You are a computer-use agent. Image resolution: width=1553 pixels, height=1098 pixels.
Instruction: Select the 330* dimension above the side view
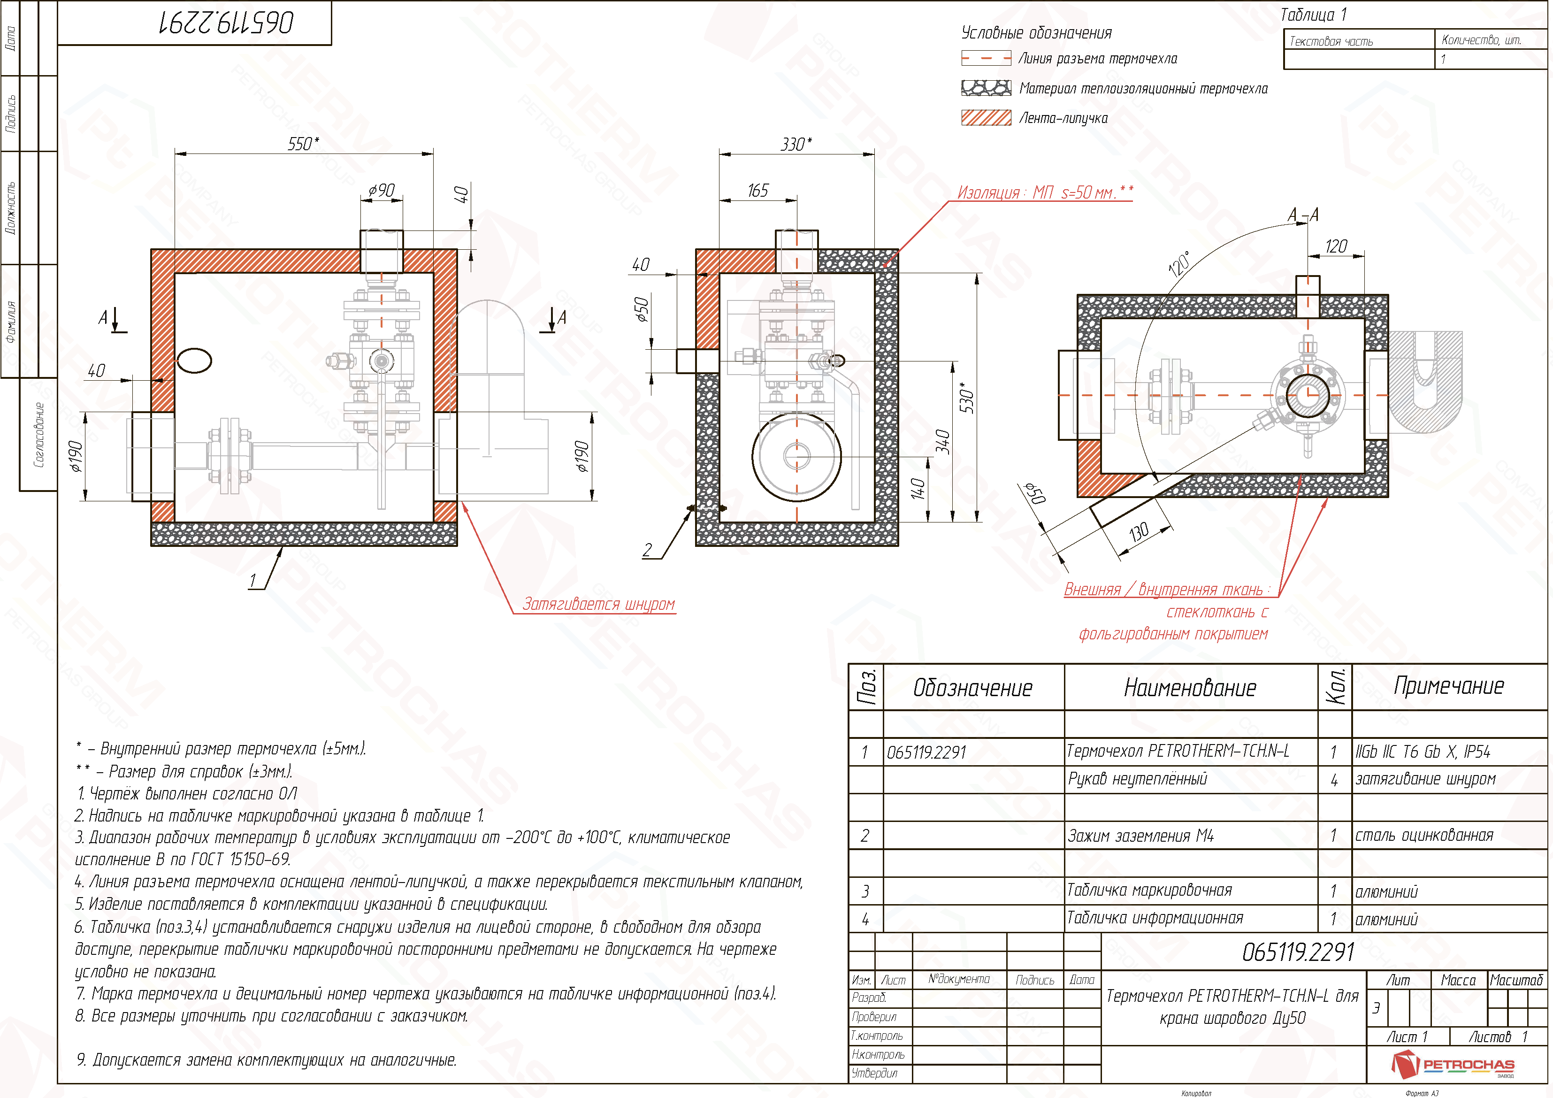click(x=796, y=144)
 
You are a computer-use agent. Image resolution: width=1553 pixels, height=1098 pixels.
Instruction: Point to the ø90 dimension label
click(x=382, y=190)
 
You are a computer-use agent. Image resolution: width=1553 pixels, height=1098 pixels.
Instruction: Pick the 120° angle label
click(x=1179, y=264)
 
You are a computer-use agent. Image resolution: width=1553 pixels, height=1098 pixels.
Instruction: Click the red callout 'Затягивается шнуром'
click(x=598, y=604)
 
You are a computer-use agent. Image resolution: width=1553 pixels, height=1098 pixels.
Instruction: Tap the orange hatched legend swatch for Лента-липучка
click(x=986, y=118)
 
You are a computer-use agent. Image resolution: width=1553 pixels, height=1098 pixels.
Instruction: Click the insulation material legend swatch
click(x=986, y=88)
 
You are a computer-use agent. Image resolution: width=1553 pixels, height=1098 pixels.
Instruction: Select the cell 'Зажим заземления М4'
click(x=1141, y=836)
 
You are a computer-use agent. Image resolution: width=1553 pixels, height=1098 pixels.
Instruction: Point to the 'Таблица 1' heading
click(x=1313, y=15)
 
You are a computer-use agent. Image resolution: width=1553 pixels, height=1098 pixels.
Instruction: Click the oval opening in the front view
click(x=195, y=361)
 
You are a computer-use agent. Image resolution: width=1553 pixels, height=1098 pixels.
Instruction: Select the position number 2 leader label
click(x=647, y=550)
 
